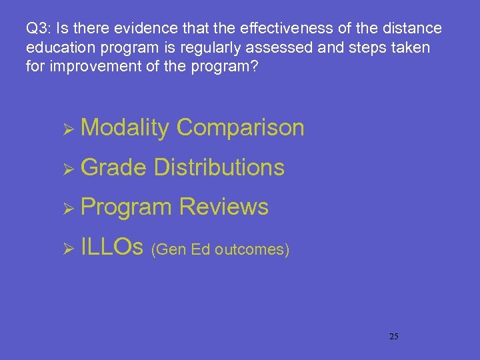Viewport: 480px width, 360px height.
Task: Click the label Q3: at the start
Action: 39,29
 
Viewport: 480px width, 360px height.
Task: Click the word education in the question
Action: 59,48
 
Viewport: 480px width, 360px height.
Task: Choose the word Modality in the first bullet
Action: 125,127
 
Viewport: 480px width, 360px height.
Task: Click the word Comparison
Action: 241,127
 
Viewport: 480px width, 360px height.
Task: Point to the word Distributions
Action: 219,167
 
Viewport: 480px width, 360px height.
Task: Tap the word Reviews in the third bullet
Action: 224,207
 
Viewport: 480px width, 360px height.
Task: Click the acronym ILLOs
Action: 112,248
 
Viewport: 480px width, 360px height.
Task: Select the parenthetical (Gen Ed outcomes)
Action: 221,250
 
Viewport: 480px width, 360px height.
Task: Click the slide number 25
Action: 393,336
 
